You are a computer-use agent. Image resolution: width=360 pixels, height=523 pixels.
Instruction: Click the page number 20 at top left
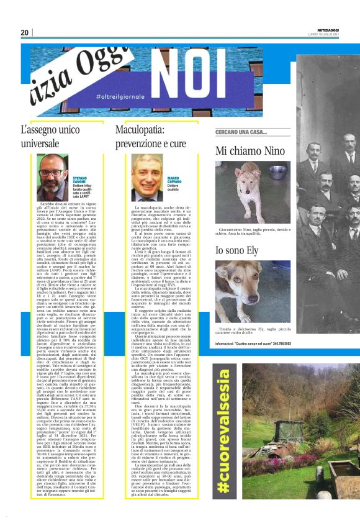point(25,32)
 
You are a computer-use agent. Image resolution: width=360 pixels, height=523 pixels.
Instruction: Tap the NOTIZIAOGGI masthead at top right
point(324,30)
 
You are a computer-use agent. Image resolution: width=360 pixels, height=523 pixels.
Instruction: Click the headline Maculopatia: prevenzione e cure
point(151,137)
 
